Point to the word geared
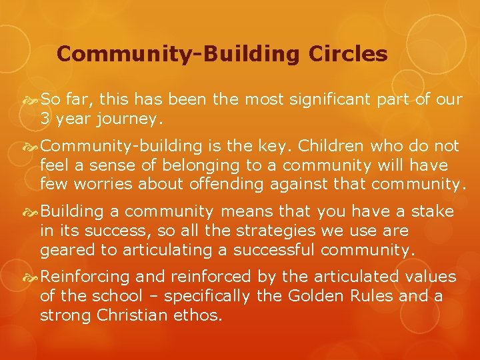click(63, 251)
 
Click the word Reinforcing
click(85, 277)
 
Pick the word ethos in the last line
click(199, 314)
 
